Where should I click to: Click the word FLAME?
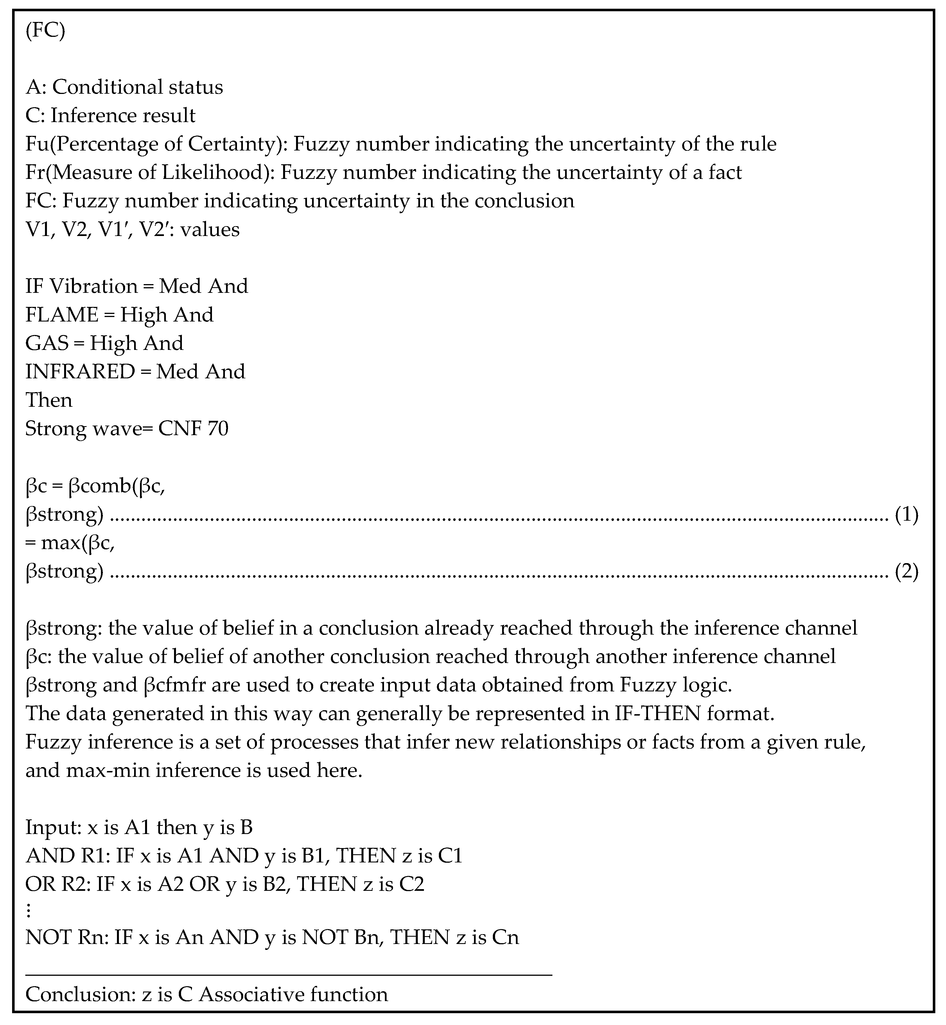tap(62, 314)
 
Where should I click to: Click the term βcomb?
tap(100, 485)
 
